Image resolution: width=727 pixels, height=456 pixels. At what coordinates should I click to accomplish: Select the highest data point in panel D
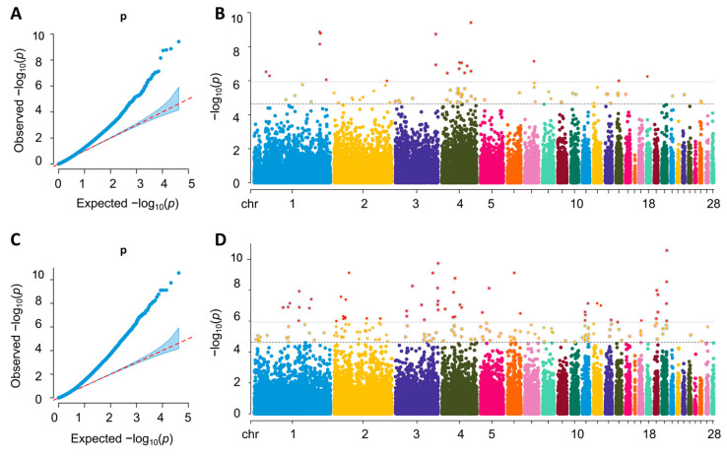pyautogui.click(x=667, y=251)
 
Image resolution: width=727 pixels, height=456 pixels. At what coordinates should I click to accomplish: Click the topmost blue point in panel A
pyautogui.click(x=178, y=42)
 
